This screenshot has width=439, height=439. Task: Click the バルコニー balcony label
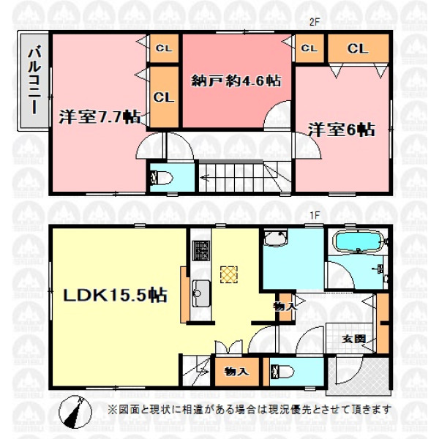click(34, 81)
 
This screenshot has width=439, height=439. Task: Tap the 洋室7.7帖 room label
click(100, 116)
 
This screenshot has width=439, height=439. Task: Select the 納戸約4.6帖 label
click(236, 81)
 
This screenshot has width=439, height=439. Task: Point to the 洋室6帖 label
click(341, 130)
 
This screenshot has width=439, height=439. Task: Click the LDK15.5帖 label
click(115, 295)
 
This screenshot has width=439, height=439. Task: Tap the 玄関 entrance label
click(353, 339)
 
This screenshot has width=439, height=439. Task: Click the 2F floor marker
click(315, 23)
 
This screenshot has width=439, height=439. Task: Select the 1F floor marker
click(315, 215)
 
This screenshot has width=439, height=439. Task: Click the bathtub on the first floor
click(359, 241)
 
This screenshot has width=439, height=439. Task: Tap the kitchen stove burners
click(201, 251)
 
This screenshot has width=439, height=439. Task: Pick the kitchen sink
click(201, 293)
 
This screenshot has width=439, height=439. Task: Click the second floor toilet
click(162, 179)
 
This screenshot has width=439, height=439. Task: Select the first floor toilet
click(282, 372)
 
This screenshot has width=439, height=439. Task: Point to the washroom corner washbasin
click(276, 238)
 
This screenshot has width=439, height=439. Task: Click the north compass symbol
click(75, 411)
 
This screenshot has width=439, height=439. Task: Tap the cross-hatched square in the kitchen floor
click(229, 274)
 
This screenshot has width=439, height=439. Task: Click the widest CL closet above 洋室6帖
click(358, 48)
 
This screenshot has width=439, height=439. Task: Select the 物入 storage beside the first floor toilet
click(236, 372)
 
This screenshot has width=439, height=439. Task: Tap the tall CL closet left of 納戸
click(164, 97)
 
